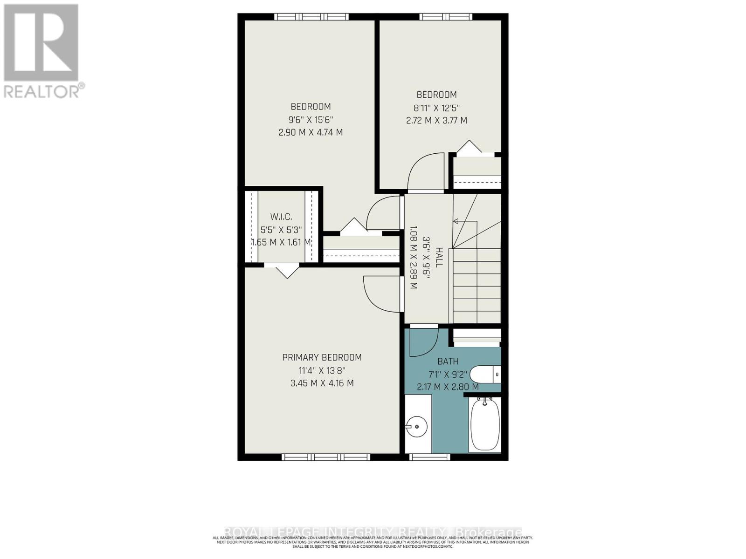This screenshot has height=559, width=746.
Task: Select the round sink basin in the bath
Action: pos(416,426)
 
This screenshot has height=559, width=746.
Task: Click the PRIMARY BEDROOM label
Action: pos(322,357)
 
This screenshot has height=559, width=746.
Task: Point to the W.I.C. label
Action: pos(281,217)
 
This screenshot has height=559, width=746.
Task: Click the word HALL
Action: pos(439,257)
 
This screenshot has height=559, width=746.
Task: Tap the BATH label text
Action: pos(448,361)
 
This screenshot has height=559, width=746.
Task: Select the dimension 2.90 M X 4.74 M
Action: pos(311,132)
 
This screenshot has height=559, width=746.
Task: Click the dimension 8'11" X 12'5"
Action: pos(436,108)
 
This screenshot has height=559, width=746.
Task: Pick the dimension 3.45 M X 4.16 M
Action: pos(322,383)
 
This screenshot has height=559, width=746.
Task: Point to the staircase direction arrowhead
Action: pos(456,221)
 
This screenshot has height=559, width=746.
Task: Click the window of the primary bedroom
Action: pos(326,457)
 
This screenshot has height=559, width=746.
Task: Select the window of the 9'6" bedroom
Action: pos(311,17)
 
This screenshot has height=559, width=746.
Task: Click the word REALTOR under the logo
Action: pos(42,91)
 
